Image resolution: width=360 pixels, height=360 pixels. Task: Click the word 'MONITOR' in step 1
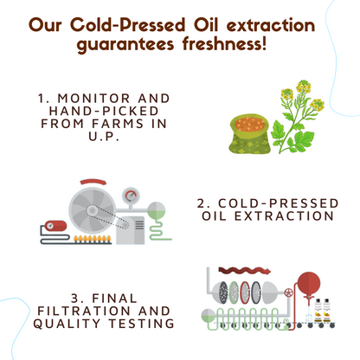pos(87,100)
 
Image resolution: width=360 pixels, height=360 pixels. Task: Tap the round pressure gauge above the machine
pos(132,196)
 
